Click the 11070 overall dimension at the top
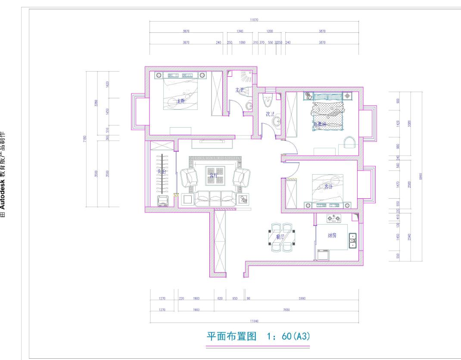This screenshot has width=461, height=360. tap(254, 20)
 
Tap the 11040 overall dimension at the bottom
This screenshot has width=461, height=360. tap(254, 321)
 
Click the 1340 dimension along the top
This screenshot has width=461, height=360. tap(240, 31)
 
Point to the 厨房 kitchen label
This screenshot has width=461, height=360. tap(332, 236)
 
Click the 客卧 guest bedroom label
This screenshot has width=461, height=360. tap(328, 187)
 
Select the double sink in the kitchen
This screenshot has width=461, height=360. tap(352, 241)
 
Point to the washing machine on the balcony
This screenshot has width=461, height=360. tap(162, 201)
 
